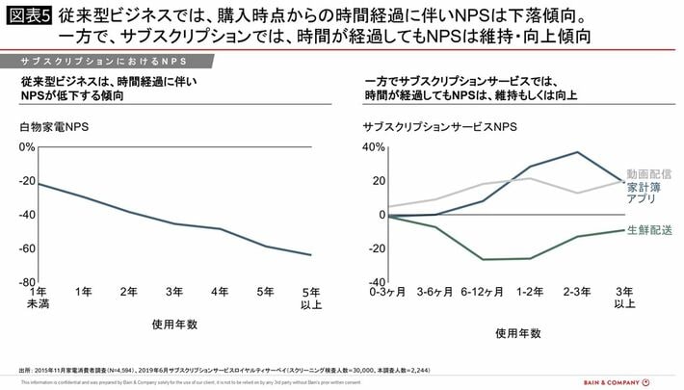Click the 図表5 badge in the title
28,18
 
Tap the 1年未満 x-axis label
39,298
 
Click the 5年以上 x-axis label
310,298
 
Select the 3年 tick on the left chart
174,292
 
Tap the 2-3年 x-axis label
576,292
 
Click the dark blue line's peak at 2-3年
577,152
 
